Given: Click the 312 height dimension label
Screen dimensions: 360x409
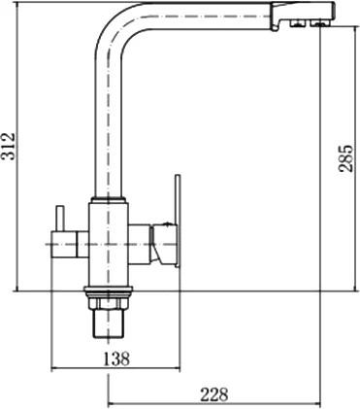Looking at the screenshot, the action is (8, 147).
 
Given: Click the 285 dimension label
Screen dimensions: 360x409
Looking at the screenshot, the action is (345, 157).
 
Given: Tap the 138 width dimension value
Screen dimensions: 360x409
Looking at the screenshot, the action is (116, 358).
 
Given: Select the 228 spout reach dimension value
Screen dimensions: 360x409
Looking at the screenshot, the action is (214, 394).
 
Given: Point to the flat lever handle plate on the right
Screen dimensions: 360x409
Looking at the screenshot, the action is (178, 222).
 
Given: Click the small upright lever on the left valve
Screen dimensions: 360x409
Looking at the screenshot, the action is (60, 219).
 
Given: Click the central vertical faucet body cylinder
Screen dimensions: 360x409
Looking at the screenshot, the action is (109, 245).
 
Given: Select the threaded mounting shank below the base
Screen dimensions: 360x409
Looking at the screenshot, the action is (109, 319).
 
